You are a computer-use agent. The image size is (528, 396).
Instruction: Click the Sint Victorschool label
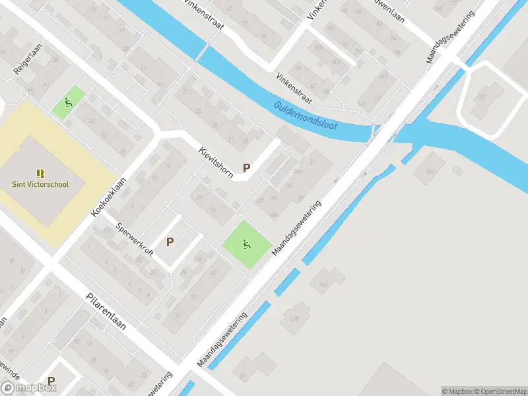(40, 185)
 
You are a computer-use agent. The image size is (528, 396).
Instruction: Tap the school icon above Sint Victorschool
(40, 174)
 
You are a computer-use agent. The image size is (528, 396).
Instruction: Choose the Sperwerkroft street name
(134, 239)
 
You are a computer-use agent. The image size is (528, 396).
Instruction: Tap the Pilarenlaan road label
(106, 312)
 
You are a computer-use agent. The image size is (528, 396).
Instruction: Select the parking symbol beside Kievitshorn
(247, 168)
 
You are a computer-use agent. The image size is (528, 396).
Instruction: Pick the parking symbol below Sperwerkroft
(170, 242)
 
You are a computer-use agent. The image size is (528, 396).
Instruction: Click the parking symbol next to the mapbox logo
(51, 381)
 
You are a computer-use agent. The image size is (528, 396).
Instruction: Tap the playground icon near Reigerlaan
(68, 102)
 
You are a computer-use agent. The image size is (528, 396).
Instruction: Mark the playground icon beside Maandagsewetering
(247, 244)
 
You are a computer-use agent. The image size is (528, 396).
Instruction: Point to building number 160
(430, 172)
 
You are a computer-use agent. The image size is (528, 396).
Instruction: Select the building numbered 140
(323, 284)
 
